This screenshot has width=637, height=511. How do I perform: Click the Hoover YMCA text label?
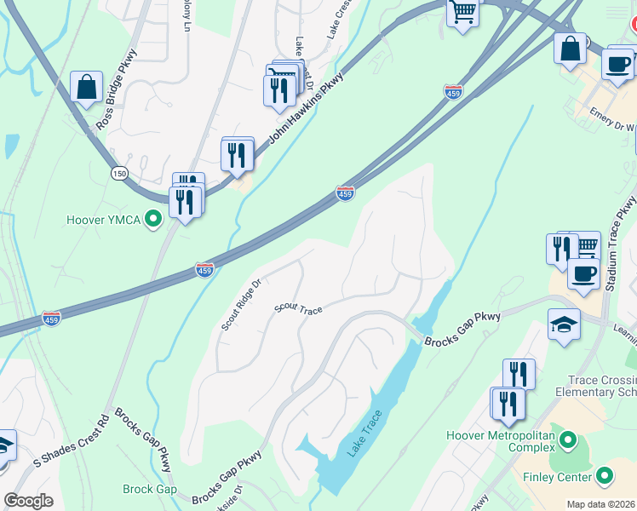[x=104, y=220]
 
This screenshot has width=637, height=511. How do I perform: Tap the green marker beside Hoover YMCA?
[x=153, y=220]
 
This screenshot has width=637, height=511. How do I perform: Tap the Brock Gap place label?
[x=149, y=489]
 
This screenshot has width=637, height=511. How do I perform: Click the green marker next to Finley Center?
[x=605, y=475]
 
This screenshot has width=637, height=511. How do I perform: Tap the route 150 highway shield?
[x=119, y=173]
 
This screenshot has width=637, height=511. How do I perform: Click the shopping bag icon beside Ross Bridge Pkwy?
[x=86, y=88]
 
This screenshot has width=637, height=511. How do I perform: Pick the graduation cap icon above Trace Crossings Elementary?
[x=564, y=325]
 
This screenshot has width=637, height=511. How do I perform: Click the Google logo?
[x=28, y=501]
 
